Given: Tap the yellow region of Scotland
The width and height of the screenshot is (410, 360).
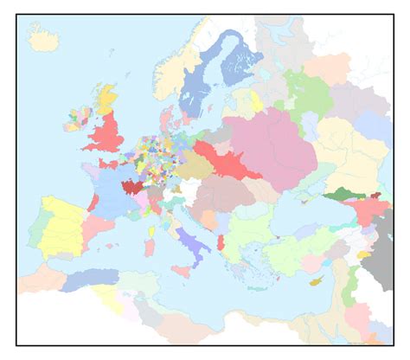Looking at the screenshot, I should pos(107,99).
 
